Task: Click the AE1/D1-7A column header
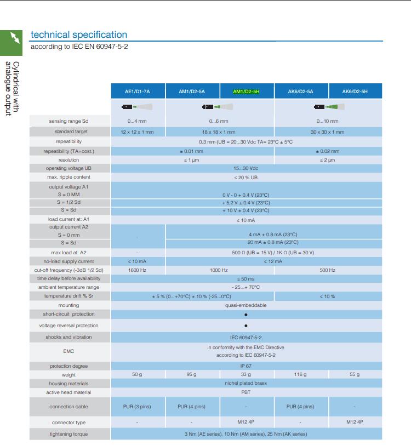[x=138, y=92]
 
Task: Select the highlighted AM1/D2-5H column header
[x=246, y=92]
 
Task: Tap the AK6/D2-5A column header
[x=300, y=92]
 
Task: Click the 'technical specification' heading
[x=79, y=35]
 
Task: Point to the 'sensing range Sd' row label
[x=68, y=121]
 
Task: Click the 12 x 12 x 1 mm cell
[x=137, y=132]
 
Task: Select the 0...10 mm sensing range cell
[x=327, y=121]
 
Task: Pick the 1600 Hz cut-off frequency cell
[x=137, y=270]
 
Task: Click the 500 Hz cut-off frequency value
[x=327, y=270]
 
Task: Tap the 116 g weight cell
[x=300, y=375]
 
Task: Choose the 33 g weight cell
[x=246, y=375]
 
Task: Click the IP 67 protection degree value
[x=246, y=366]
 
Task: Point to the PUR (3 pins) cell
[x=137, y=407]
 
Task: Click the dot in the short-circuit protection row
[x=246, y=315]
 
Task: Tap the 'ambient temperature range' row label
[x=68, y=287]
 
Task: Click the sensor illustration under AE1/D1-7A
[x=137, y=107]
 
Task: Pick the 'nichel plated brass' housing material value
[x=246, y=383]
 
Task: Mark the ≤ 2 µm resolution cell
[x=327, y=160]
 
